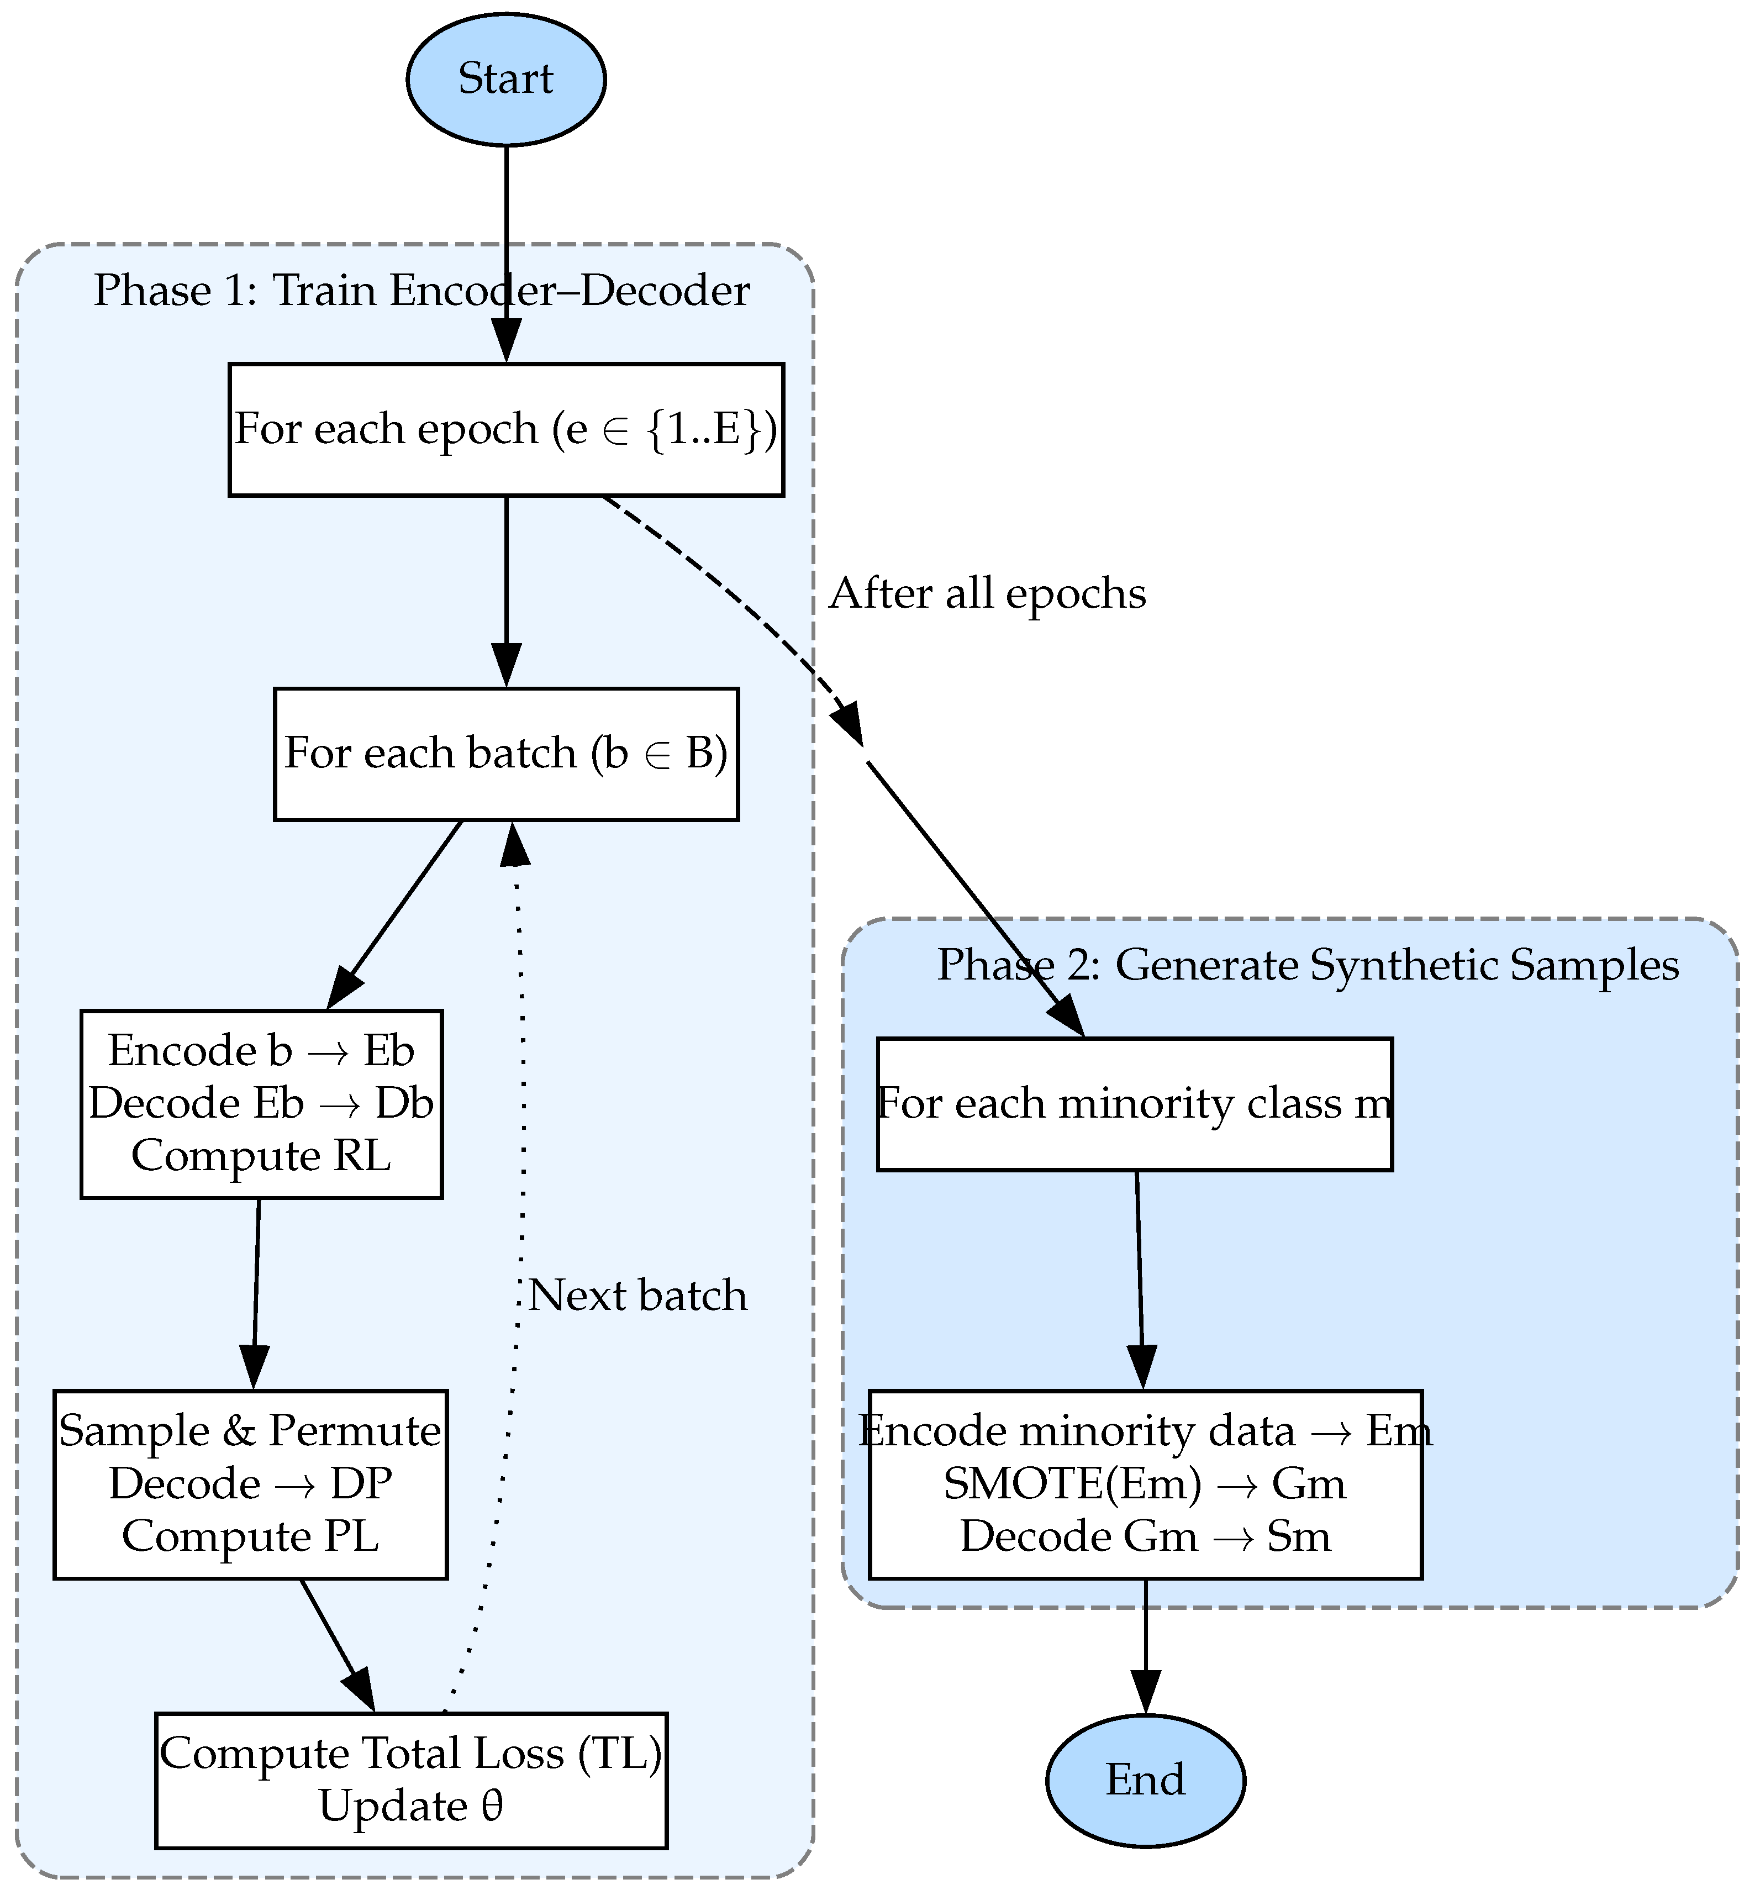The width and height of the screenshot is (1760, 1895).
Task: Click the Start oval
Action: [x=505, y=79]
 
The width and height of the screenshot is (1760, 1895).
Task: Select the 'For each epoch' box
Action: [x=505, y=429]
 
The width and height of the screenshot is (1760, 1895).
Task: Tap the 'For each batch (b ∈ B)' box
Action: [x=505, y=753]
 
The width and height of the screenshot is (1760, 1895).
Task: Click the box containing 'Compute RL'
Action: [x=261, y=1104]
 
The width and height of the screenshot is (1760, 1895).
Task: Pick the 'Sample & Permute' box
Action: [x=250, y=1483]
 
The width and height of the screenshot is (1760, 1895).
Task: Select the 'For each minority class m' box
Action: [x=1134, y=1104]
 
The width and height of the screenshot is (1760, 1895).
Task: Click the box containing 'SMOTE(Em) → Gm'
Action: [x=1145, y=1483]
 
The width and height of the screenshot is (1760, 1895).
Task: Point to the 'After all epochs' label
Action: [x=988, y=594]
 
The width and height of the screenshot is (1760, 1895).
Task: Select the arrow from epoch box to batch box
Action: [x=505, y=581]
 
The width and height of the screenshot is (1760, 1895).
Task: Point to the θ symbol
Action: [x=492, y=1807]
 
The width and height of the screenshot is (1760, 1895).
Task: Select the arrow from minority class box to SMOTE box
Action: [x=1139, y=1276]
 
